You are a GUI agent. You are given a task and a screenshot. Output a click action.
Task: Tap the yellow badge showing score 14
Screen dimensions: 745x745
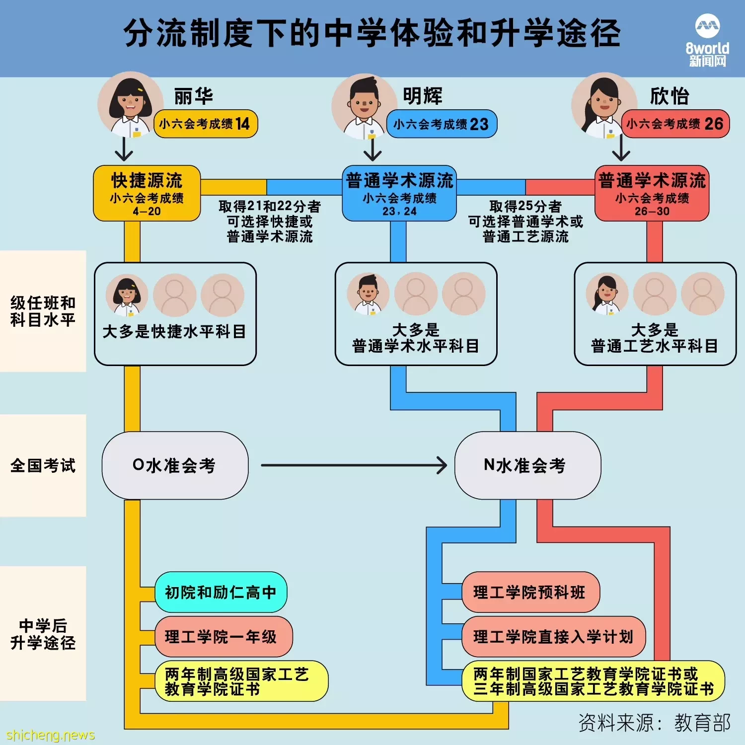pyautogui.click(x=206, y=124)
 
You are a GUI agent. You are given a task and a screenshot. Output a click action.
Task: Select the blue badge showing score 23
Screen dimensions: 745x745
pyautogui.click(x=442, y=124)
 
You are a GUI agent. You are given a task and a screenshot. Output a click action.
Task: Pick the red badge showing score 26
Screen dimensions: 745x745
pyautogui.click(x=675, y=124)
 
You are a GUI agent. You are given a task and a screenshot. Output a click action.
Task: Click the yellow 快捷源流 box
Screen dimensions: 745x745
pyautogui.click(x=147, y=193)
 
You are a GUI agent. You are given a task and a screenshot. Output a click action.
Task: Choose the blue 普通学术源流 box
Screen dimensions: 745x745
pyautogui.click(x=399, y=193)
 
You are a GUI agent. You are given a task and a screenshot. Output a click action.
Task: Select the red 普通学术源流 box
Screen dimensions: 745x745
pyautogui.click(x=652, y=193)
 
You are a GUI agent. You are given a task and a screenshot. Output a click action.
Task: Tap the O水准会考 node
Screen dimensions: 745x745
pyautogui.click(x=175, y=465)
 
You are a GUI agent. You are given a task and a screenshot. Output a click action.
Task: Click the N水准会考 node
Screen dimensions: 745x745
pyautogui.click(x=527, y=465)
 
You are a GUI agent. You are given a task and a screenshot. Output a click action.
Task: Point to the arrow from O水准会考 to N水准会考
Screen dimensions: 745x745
pyautogui.click(x=354, y=465)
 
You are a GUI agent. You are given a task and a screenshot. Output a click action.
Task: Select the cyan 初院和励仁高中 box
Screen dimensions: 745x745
pyautogui.click(x=221, y=592)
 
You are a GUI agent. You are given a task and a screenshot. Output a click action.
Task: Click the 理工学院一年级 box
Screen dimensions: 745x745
pyautogui.click(x=224, y=637)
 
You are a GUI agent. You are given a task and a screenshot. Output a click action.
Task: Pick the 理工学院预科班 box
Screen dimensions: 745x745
pyautogui.click(x=530, y=592)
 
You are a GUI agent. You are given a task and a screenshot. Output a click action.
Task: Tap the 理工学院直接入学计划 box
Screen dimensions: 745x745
pyautogui.click(x=553, y=637)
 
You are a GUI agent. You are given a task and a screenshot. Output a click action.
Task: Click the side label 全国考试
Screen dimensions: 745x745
pyautogui.click(x=43, y=465)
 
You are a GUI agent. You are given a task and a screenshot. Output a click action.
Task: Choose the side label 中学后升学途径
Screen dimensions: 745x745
pyautogui.click(x=43, y=634)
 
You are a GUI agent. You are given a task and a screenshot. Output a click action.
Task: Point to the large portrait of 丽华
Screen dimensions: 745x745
pyautogui.click(x=130, y=105)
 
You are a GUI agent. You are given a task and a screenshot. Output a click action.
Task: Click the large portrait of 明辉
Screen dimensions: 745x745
pyautogui.click(x=364, y=107)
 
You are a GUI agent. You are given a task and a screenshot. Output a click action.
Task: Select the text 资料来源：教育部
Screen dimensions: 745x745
pyautogui.click(x=655, y=723)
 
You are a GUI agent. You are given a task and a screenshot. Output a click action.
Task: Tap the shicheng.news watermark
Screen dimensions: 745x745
pyautogui.click(x=50, y=735)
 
